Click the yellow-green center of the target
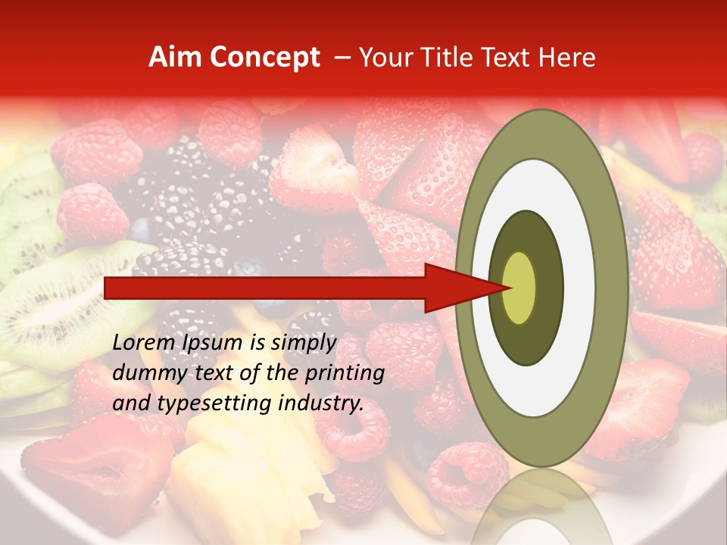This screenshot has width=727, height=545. coord(519,288)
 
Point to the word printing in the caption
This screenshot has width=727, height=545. coord(346,374)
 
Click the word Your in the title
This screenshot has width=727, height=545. coord(381,58)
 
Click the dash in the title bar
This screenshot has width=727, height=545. coord(342,58)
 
